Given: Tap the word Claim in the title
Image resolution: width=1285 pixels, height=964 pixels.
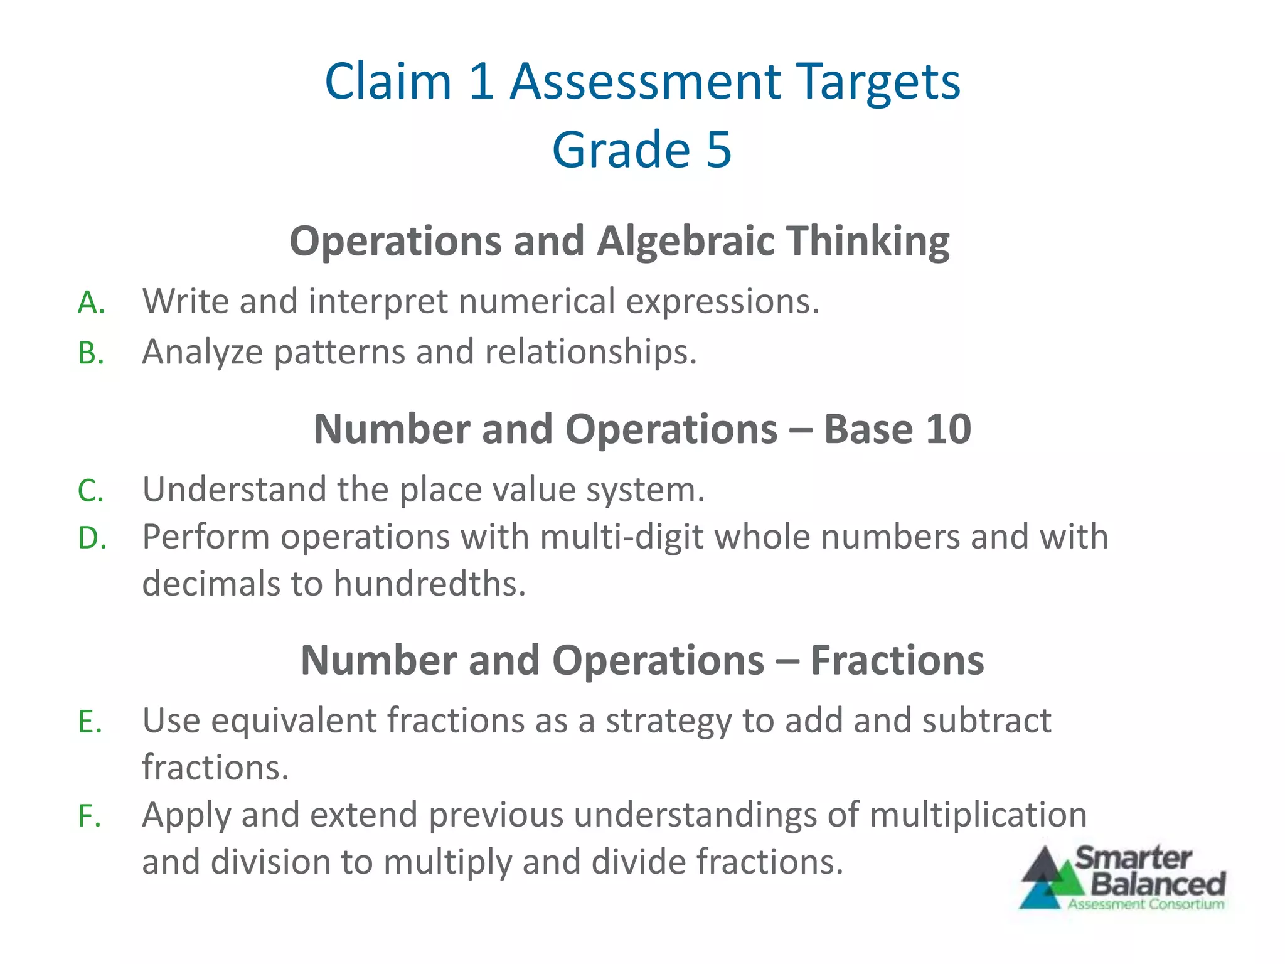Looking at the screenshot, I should [x=388, y=82].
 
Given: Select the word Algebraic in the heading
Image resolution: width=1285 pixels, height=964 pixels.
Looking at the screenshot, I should [x=686, y=242].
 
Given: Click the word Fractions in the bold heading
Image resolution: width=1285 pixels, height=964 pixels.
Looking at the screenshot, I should [x=897, y=661].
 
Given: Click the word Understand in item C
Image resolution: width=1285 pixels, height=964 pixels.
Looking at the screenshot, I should [x=234, y=490].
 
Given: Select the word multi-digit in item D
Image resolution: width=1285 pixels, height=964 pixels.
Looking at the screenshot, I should [x=621, y=538].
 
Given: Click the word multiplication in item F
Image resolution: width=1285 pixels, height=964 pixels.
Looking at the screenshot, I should [x=978, y=815].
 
